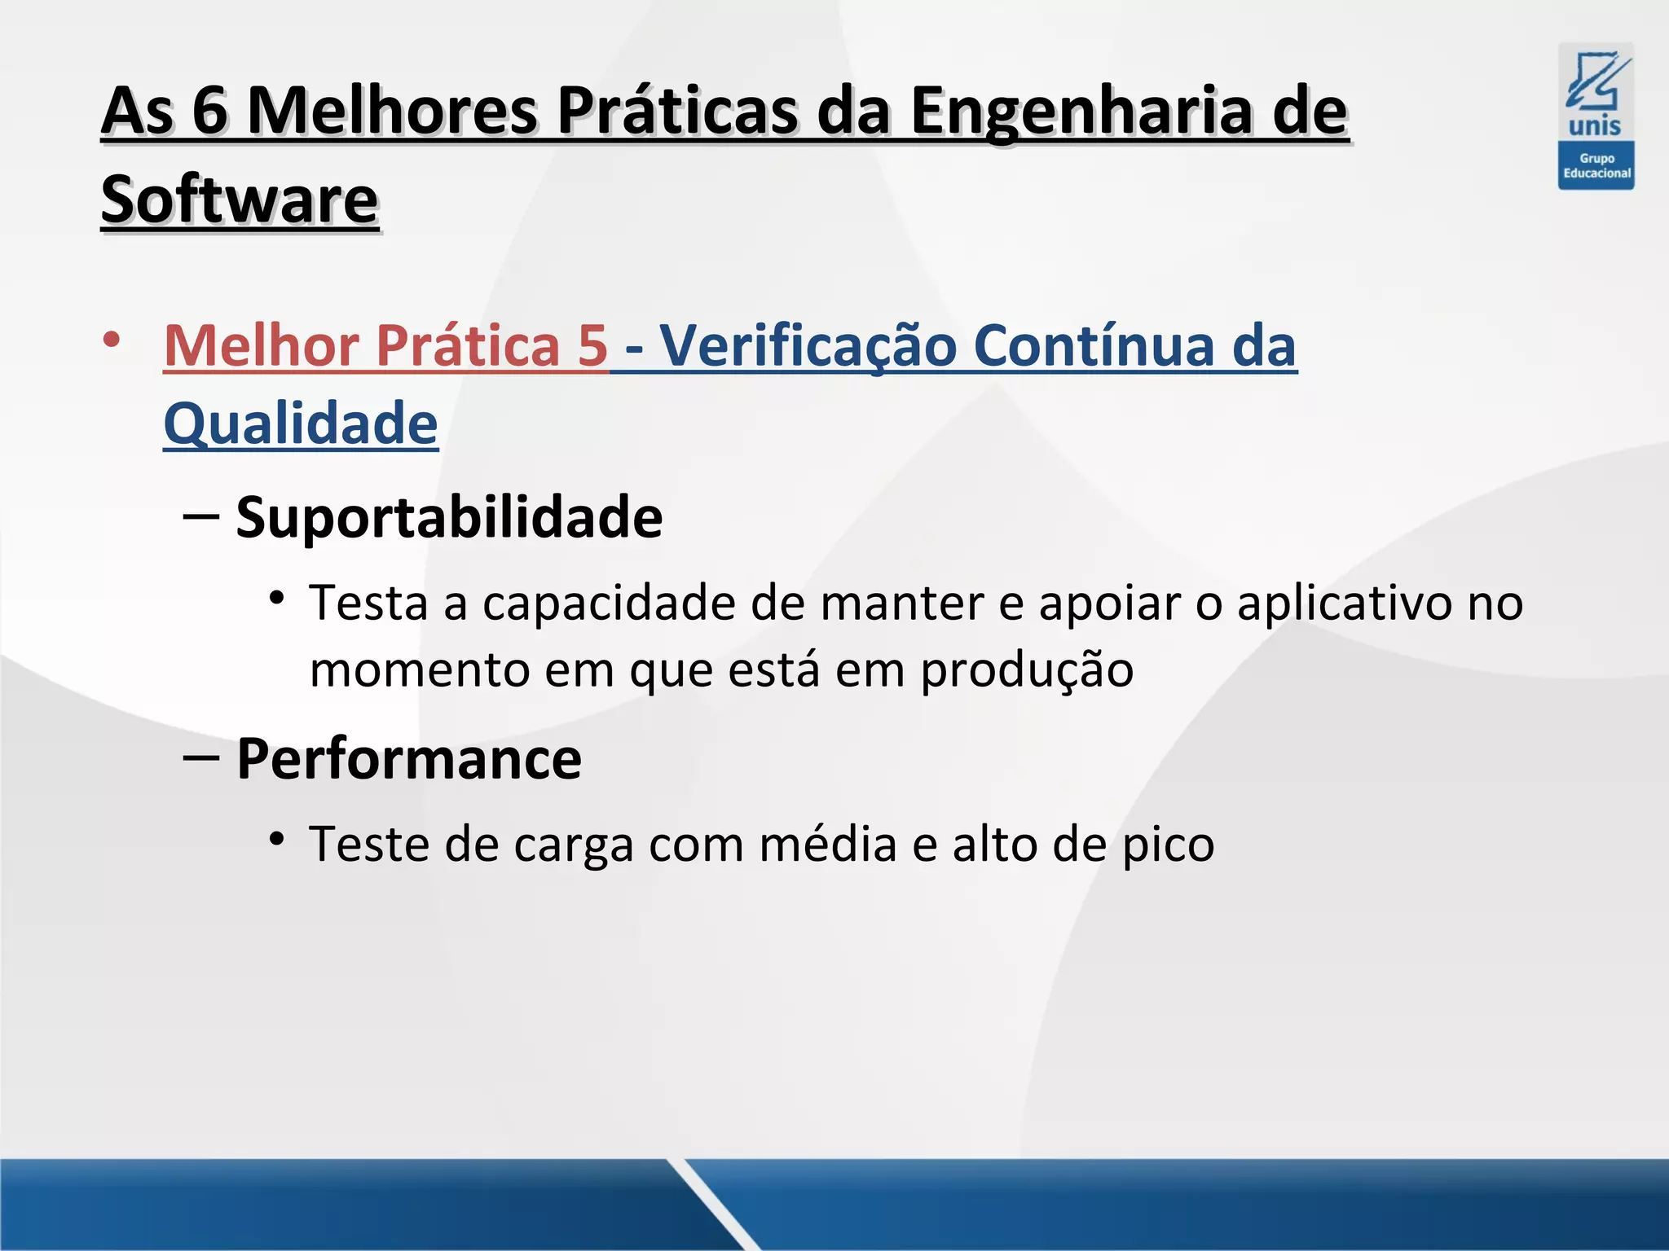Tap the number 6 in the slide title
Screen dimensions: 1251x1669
pyautogui.click(x=209, y=112)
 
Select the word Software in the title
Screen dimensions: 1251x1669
pyautogui.click(x=240, y=200)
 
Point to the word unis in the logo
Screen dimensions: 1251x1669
pyautogui.click(x=1595, y=126)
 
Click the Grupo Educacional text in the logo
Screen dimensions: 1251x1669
pyautogui.click(x=1596, y=166)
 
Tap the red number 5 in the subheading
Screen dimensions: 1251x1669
pyautogui.click(x=593, y=345)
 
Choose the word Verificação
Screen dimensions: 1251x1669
pyautogui.click(x=808, y=345)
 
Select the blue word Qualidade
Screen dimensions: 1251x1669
pyautogui.click(x=301, y=424)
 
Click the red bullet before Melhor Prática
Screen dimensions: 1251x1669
pyautogui.click(x=112, y=339)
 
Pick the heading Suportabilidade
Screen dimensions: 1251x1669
pyautogui.click(x=449, y=517)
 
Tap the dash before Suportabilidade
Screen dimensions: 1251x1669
pyautogui.click(x=201, y=516)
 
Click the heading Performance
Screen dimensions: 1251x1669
pyautogui.click(x=409, y=759)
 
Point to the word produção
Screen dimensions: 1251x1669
pyautogui.click(x=1027, y=671)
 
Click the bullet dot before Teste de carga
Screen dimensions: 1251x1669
pyautogui.click(x=277, y=838)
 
